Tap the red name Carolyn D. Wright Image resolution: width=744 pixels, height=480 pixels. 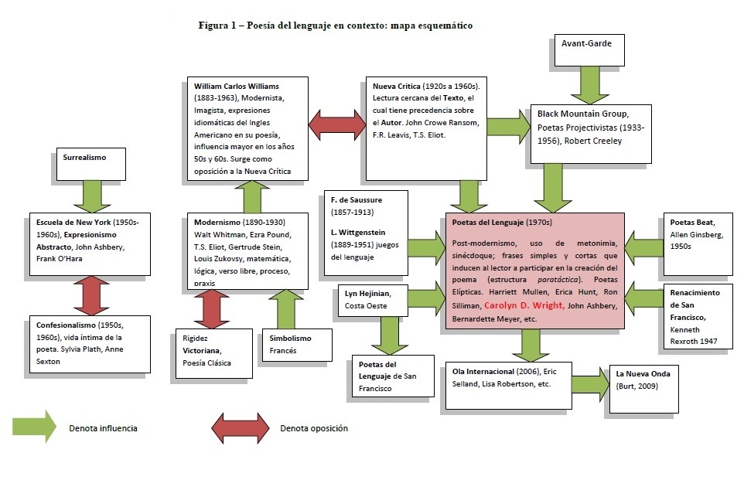522,305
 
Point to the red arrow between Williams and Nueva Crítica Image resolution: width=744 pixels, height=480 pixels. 336,122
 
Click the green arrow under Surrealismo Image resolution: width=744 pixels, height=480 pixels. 92,194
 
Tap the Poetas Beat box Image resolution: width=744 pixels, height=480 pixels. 698,242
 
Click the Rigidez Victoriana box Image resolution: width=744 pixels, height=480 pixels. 210,353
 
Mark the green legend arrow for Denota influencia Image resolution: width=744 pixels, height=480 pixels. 34,427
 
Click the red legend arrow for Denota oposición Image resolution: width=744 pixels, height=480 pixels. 241,427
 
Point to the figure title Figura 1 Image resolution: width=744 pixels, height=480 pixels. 335,26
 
